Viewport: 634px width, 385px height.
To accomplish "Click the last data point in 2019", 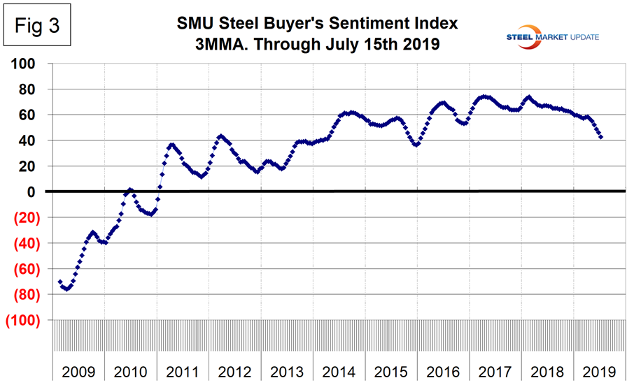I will [x=601, y=137].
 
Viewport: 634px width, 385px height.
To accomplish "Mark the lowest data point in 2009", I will [x=66, y=289].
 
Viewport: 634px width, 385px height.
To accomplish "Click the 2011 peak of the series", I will [x=172, y=145].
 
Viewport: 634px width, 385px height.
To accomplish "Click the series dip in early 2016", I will [x=416, y=145].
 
